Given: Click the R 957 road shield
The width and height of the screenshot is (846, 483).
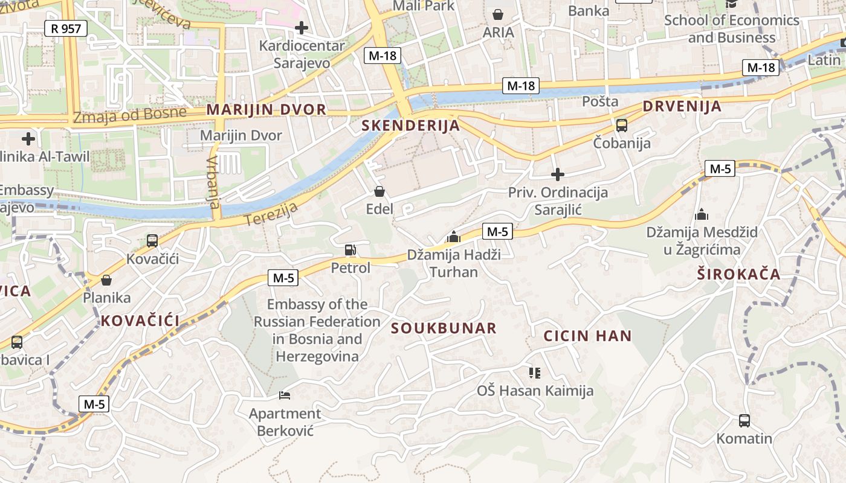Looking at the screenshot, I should (x=66, y=28).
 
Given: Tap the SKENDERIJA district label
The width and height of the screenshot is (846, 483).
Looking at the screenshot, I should (x=410, y=126).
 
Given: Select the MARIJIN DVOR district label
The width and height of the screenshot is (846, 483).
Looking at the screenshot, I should (x=266, y=110).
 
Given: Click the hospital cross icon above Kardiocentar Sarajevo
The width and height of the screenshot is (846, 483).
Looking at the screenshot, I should (x=301, y=27).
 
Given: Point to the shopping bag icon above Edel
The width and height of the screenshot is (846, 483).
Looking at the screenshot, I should (x=379, y=192).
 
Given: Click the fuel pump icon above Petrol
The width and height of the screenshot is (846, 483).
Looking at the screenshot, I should (x=350, y=249).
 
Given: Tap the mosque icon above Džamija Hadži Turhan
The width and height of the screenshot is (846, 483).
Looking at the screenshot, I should (x=454, y=237).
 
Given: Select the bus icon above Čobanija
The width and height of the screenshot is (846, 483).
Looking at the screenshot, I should (x=621, y=126).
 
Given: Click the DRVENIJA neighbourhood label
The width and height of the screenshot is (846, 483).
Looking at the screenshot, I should (x=682, y=107).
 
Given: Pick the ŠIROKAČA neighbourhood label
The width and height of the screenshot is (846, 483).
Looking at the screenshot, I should (x=738, y=275).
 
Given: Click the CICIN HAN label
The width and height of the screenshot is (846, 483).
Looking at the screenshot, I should (x=587, y=336).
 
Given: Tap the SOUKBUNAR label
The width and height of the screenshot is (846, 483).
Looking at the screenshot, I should (x=444, y=328).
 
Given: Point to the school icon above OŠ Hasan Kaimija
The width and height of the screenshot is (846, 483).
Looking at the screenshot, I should (x=535, y=373).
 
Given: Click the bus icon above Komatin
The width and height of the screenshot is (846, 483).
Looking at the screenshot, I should (x=744, y=420).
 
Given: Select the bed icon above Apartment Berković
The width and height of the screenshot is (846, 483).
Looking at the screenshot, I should (x=285, y=395).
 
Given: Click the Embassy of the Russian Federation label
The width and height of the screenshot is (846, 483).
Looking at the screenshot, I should (x=317, y=330).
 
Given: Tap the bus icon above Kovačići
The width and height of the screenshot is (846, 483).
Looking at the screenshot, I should (x=152, y=241).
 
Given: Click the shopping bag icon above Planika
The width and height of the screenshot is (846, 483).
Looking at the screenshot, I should (x=106, y=280).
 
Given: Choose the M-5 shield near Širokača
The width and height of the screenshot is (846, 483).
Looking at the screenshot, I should (x=720, y=169).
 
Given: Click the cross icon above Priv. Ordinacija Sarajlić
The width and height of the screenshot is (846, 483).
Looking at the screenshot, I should (x=557, y=175).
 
